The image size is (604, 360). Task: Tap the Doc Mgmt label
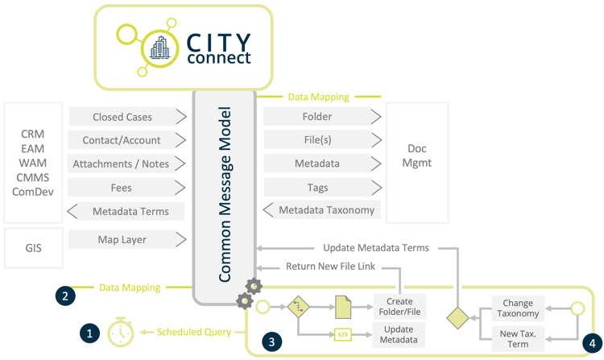(x=416, y=156)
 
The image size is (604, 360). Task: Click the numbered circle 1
(x=89, y=332)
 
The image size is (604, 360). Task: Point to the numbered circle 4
(x=592, y=341)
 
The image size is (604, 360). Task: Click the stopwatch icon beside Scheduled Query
(x=121, y=333)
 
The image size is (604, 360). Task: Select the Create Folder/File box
(x=399, y=307)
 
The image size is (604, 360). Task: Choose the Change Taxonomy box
(x=518, y=308)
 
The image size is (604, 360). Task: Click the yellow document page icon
(x=343, y=307)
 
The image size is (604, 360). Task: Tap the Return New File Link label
(x=330, y=267)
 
